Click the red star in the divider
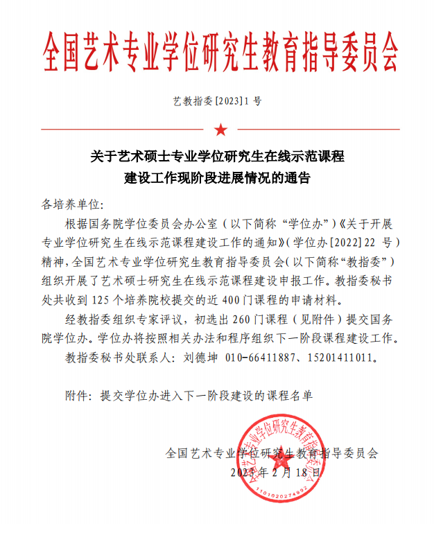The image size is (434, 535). coord(220,129)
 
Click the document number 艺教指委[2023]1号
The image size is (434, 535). coord(217,100)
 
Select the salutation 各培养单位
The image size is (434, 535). coord(72,205)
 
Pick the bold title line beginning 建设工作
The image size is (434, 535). coord(217,177)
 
